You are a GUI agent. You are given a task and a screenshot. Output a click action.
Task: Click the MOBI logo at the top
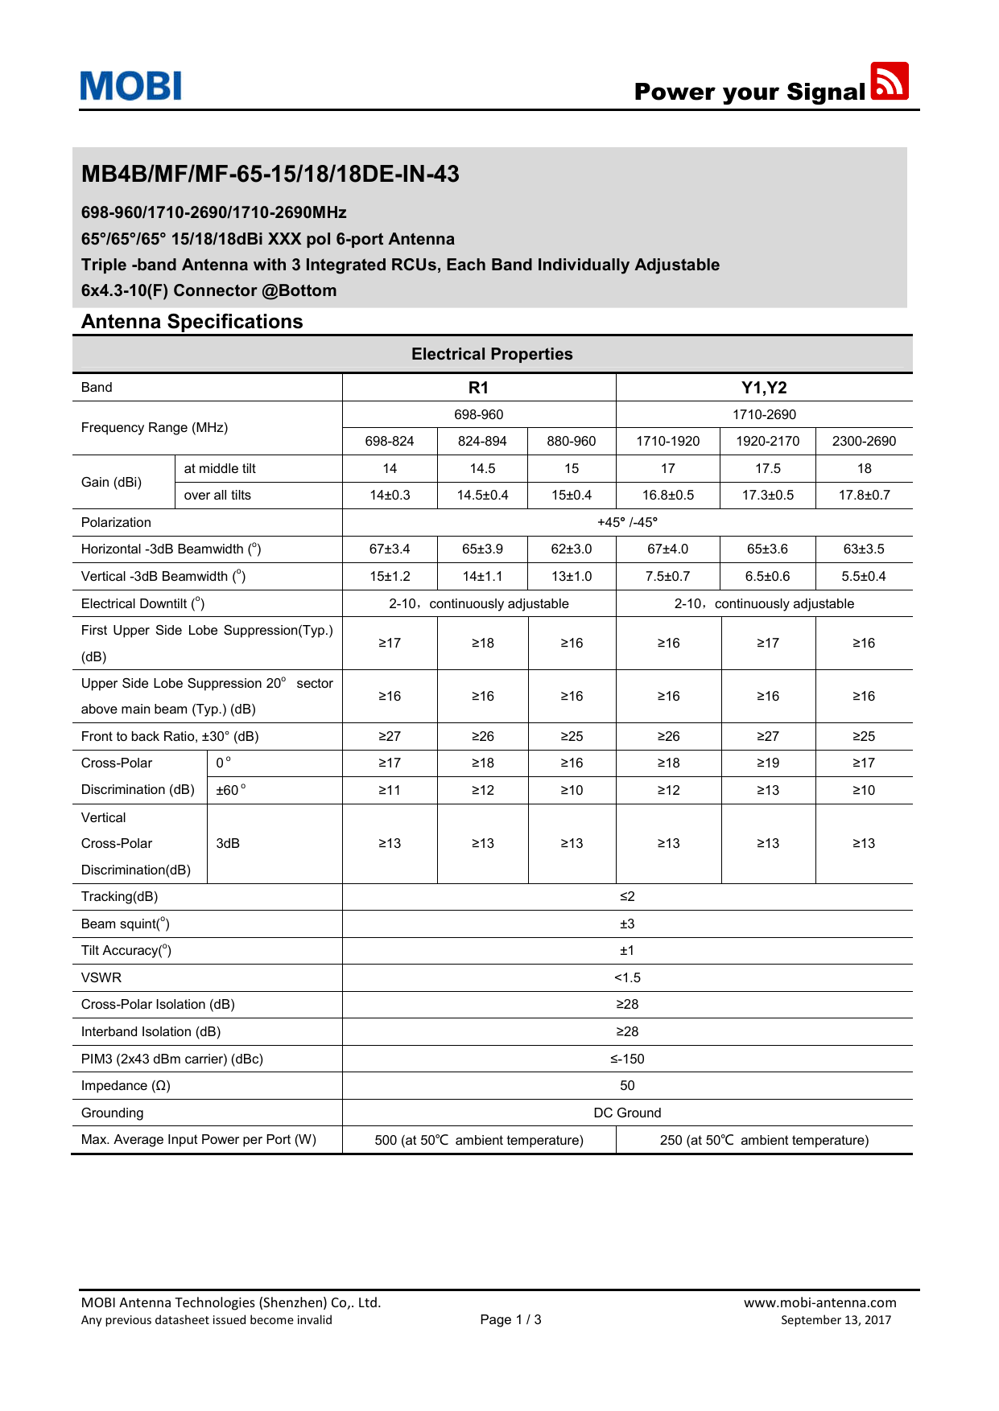pos(131,86)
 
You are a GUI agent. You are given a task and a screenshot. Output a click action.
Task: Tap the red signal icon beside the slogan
pos(890,81)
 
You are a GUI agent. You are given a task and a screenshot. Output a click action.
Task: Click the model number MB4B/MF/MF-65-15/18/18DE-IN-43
pos(270,174)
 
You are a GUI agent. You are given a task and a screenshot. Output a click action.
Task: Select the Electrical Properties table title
pos(492,354)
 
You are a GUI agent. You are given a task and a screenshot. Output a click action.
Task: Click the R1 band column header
pos(478,388)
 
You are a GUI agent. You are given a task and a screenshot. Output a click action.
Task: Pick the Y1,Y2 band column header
pos(764,388)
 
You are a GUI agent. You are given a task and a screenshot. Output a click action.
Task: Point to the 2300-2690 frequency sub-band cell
pos(864,441)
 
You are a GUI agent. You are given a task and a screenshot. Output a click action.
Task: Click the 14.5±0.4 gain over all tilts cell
pos(482,495)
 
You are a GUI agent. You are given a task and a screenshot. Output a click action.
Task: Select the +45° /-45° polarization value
pos(627,522)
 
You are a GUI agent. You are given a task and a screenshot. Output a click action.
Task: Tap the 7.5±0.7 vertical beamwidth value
pos(668,576)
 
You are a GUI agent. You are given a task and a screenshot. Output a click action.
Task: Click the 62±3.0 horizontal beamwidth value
pos(572,549)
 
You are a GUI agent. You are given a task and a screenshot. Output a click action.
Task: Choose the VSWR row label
pos(101,977)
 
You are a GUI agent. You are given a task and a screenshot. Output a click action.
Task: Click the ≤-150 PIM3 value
pos(627,1059)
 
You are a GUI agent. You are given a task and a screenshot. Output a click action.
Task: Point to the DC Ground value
pos(627,1113)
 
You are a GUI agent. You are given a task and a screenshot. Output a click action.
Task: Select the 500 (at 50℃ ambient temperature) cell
pos(479,1140)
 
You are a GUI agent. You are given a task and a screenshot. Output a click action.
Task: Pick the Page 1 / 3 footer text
pos(510,1319)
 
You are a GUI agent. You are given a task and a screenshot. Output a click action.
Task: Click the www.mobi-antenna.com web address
pos(819,1302)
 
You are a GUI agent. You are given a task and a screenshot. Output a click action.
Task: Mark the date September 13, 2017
pos(836,1320)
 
